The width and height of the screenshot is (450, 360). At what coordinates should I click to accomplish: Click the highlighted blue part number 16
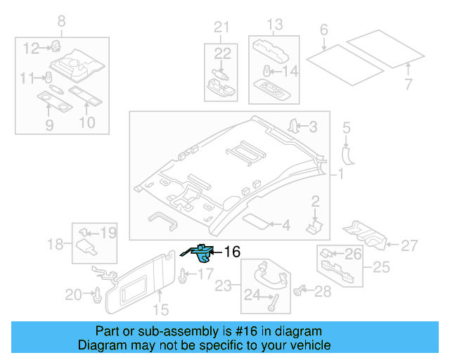(x=201, y=252)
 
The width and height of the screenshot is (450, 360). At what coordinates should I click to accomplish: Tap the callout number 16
(x=231, y=252)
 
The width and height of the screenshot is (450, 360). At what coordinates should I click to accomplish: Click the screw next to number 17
(x=184, y=276)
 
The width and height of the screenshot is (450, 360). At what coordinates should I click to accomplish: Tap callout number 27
(x=409, y=246)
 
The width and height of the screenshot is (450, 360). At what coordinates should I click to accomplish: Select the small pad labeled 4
(x=256, y=223)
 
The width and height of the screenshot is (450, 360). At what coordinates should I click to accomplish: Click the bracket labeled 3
(x=293, y=127)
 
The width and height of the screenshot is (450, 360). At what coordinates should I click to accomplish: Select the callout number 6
(x=324, y=30)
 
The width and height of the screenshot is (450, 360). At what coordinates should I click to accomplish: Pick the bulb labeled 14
(x=267, y=70)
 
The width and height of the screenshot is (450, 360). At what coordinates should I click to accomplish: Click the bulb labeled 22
(x=219, y=72)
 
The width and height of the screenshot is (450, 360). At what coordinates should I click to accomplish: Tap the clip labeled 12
(x=54, y=47)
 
